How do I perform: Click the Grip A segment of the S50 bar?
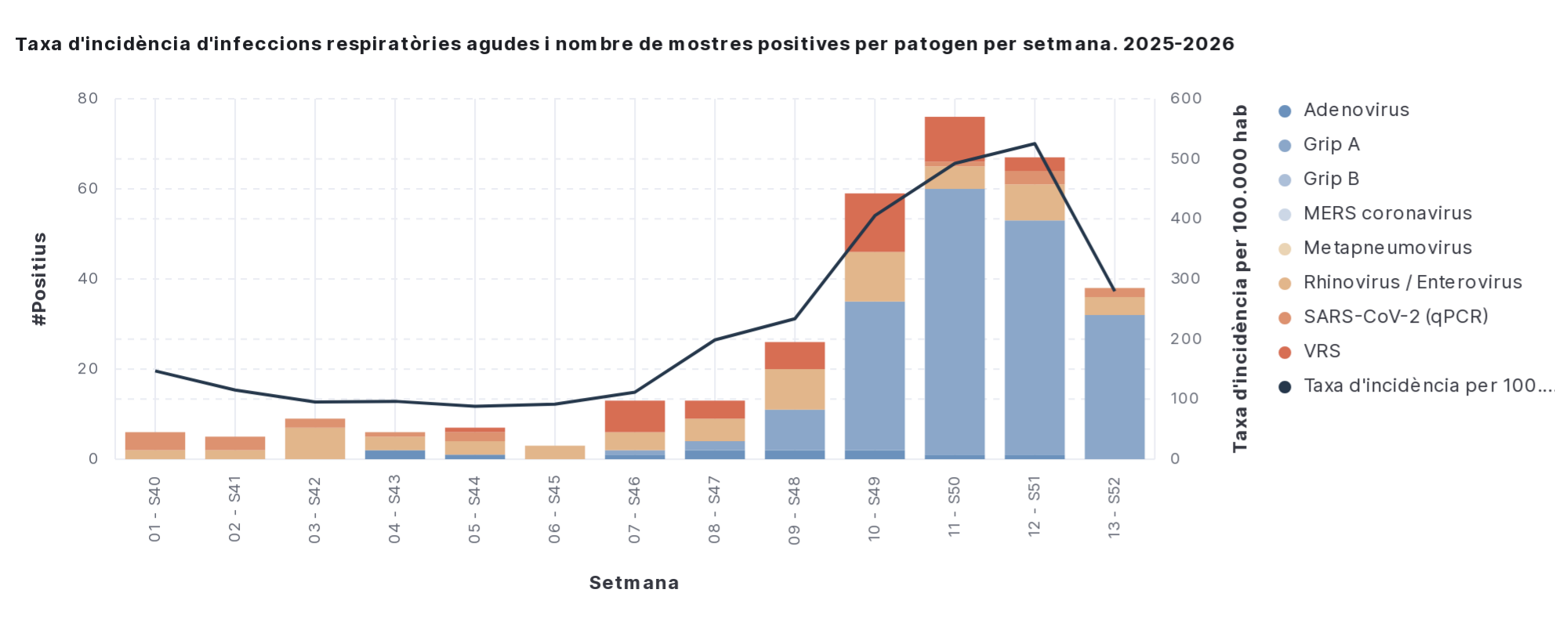[x=955, y=321]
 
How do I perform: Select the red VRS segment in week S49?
[x=875, y=222]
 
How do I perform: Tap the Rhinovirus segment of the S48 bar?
[x=795, y=389]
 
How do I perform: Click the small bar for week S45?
[x=555, y=452]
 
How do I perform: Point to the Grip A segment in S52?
[x=1115, y=386]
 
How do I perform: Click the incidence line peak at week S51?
[x=1035, y=143]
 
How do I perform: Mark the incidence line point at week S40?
[x=155, y=371]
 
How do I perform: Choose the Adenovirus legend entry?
[x=1356, y=110]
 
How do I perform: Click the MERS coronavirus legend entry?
[x=1387, y=214]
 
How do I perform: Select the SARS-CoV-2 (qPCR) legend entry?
[x=1395, y=317]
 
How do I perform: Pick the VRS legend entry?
[x=1321, y=352]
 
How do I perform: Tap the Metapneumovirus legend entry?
[x=1387, y=248]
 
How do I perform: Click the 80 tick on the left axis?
[x=88, y=99]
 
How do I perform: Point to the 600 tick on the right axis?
[x=1186, y=99]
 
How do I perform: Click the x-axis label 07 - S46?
[x=635, y=510]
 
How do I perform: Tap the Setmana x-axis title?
[x=634, y=583]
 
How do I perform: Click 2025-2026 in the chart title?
[x=1178, y=44]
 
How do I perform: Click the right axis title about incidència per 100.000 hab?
[x=1239, y=279]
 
